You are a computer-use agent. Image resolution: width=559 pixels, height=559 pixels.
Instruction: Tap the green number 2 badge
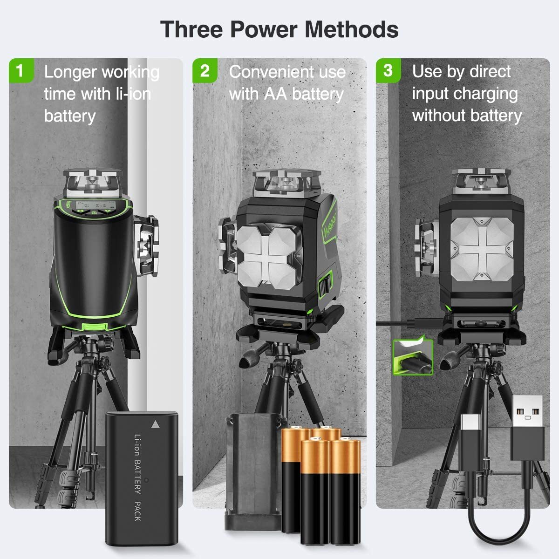(205, 71)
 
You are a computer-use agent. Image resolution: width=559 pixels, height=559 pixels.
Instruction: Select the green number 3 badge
(388, 71)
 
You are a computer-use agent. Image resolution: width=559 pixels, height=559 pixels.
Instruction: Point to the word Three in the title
(191, 29)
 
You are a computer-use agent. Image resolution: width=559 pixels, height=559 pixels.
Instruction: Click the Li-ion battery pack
(142, 477)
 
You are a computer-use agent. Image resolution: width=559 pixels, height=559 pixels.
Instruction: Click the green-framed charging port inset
(413, 356)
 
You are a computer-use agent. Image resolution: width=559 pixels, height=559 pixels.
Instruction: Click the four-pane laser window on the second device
(266, 254)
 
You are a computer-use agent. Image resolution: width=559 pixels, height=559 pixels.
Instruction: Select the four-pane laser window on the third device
(481, 249)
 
